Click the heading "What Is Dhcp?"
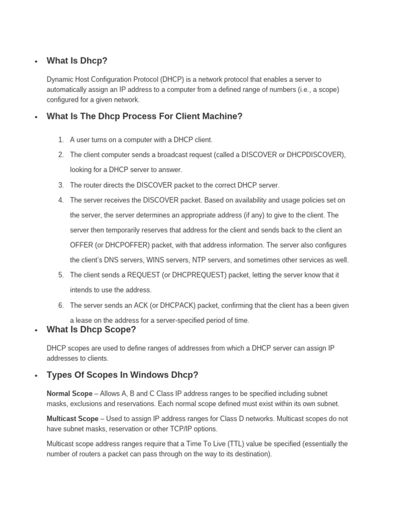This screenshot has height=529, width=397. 77,61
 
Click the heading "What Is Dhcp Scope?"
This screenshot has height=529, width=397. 91,330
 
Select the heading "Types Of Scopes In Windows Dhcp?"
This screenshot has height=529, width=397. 122,375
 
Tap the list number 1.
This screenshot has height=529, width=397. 60,139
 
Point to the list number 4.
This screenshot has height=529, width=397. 60,200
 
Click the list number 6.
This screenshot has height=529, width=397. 60,305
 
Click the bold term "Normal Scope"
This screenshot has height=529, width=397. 69,394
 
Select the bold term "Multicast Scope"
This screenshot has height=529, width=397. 72,418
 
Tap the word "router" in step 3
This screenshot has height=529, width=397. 93,185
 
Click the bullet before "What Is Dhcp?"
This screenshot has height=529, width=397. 36,62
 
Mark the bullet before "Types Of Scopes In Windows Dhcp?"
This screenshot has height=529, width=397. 36,376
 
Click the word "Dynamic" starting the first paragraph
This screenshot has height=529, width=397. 60,80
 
